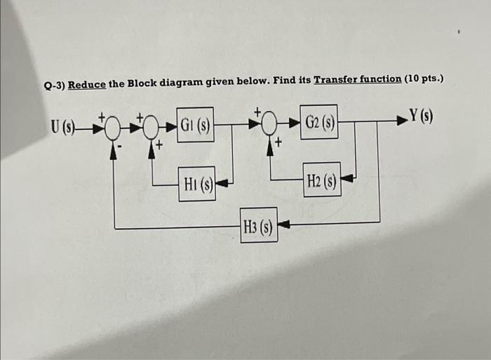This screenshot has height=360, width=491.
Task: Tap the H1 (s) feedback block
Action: click(x=196, y=185)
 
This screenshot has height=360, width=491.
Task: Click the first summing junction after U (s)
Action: click(x=113, y=128)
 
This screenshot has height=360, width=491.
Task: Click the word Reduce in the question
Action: click(x=87, y=84)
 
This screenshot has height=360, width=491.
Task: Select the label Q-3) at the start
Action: click(x=53, y=86)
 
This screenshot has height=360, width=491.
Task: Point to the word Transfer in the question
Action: click(x=335, y=79)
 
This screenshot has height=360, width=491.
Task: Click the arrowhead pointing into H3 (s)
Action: click(x=285, y=225)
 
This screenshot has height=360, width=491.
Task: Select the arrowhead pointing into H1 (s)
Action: click(x=222, y=185)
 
